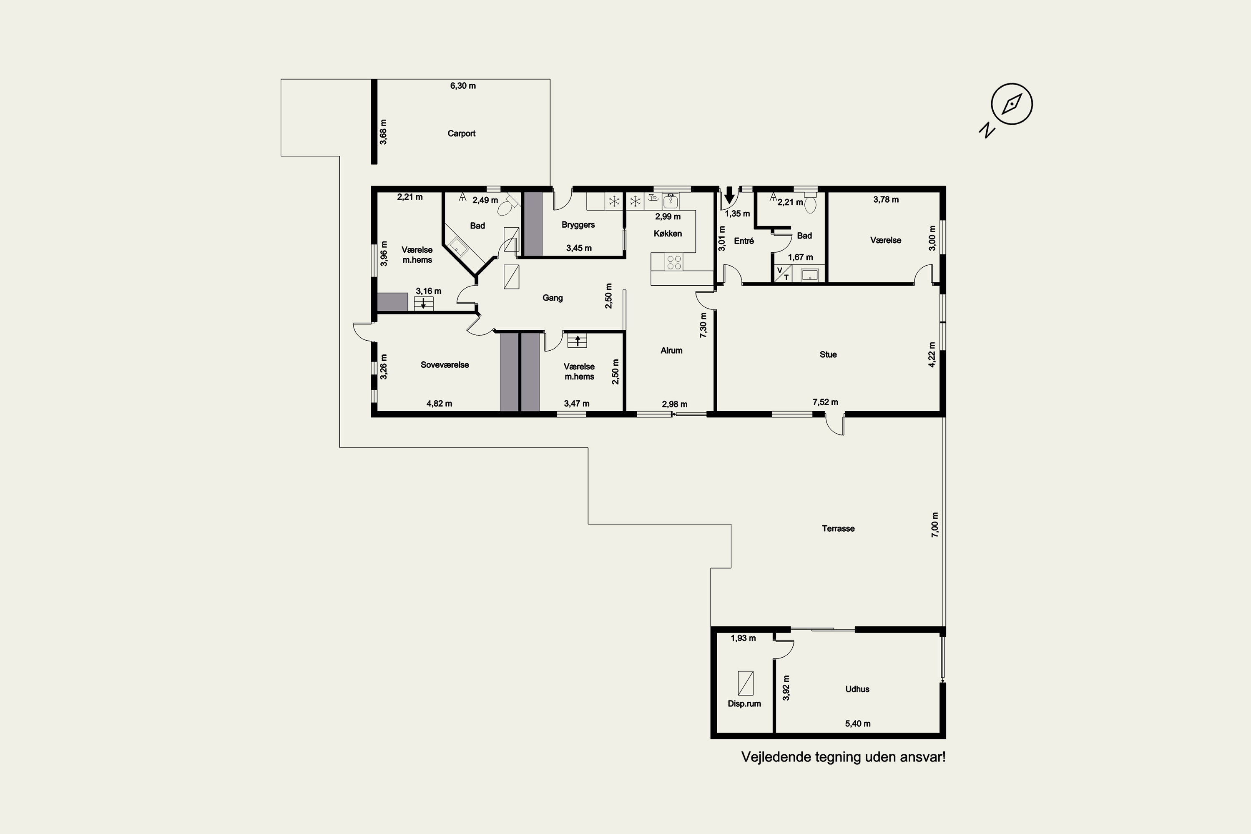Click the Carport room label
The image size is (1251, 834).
pyautogui.click(x=461, y=133)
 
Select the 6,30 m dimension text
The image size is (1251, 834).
pyautogui.click(x=463, y=85)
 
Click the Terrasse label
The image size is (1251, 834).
pyautogui.click(x=838, y=528)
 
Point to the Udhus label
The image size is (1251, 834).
pyautogui.click(x=857, y=689)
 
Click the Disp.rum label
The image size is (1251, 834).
pyautogui.click(x=744, y=704)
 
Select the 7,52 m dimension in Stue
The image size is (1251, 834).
pyautogui.click(x=825, y=402)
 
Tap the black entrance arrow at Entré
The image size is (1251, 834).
pyautogui.click(x=729, y=195)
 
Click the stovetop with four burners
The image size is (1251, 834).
pyautogui.click(x=674, y=262)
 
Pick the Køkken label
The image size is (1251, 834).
pyautogui.click(x=668, y=234)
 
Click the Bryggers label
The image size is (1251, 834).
pyautogui.click(x=578, y=224)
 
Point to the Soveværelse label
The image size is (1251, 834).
pyautogui.click(x=445, y=365)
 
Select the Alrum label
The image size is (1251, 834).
pyautogui.click(x=671, y=351)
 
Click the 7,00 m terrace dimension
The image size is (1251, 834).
pyautogui.click(x=934, y=525)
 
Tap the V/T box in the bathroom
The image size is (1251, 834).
pyautogui.click(x=782, y=274)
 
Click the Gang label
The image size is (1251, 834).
pyautogui.click(x=552, y=298)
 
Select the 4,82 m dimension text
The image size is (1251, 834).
pyautogui.click(x=440, y=404)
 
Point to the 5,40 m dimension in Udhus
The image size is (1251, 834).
pyautogui.click(x=858, y=723)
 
